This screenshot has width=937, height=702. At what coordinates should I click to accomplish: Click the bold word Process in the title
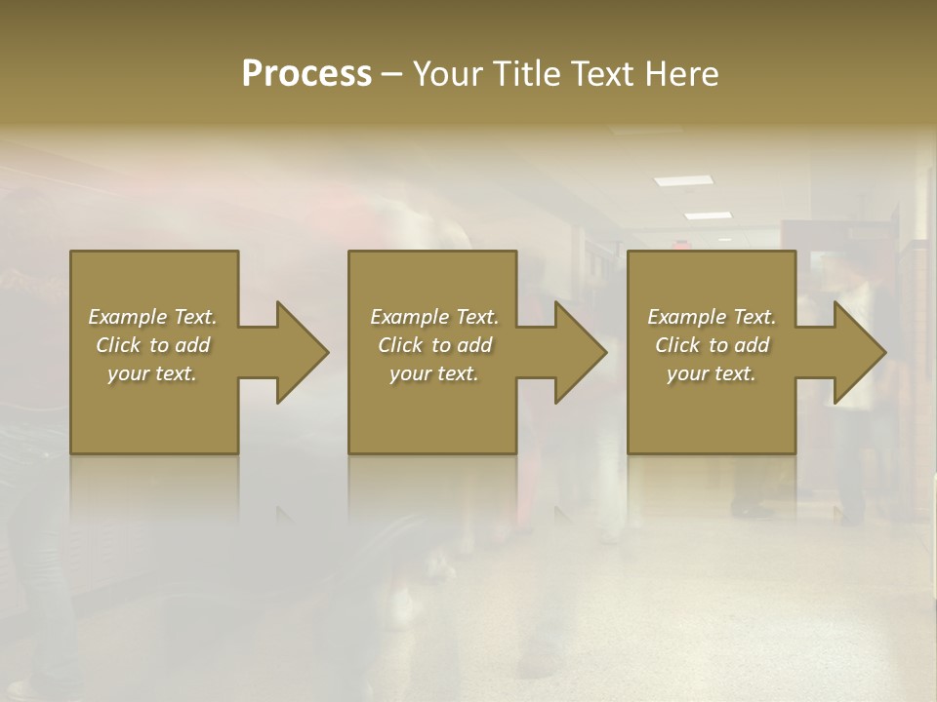pos(306,73)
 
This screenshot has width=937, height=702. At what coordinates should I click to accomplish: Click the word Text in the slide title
pos(605,73)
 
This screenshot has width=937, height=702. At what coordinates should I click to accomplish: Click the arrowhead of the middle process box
pos(580,352)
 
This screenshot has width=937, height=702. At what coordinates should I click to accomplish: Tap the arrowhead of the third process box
pos(859,352)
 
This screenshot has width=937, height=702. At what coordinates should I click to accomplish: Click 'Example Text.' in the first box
pos(152,317)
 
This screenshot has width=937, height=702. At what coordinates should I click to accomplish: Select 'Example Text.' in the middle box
pos(434,317)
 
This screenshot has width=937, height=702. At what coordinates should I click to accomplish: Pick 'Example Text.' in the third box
pos(712,317)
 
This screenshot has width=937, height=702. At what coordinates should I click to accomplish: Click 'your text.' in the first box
pos(152,373)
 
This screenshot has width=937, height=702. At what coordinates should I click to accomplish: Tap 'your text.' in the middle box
pos(434,373)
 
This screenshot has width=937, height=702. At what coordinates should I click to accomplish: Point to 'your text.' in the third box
pos(712,373)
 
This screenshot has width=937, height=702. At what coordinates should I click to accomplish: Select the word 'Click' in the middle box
pos(400,345)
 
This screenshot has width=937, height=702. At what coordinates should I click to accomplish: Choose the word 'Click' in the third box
pos(677,345)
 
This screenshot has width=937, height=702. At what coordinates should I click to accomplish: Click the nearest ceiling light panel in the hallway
pos(683,180)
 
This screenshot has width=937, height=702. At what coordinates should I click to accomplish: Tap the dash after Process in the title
pos(392,74)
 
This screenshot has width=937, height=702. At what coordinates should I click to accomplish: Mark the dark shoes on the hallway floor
pos(754,509)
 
